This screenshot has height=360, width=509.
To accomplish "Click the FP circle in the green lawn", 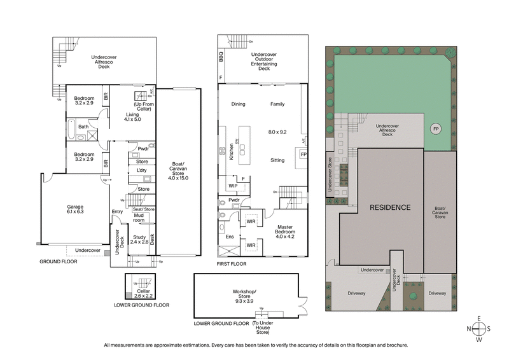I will point(436,129).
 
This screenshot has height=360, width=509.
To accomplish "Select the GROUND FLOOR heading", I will point(59,261).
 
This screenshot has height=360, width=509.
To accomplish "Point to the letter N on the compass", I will point(470,329).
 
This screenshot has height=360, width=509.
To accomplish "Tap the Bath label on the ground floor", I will point(83,127).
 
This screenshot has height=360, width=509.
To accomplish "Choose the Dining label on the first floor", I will point(238,104).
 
